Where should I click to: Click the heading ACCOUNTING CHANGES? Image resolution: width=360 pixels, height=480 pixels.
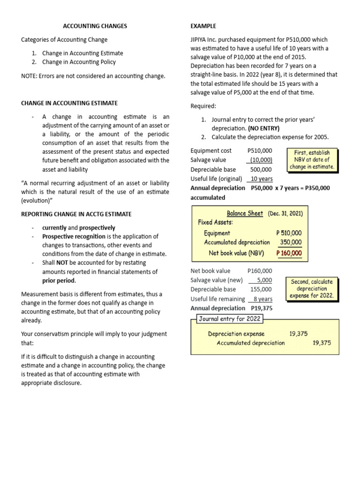[95, 26]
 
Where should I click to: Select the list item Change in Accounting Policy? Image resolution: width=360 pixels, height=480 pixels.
[79, 62]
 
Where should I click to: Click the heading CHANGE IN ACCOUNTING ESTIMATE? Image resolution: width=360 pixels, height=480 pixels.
[69, 103]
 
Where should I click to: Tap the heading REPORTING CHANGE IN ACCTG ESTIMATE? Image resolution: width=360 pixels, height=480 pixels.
[76, 214]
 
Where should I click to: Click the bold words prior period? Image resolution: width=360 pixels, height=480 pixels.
[59, 281]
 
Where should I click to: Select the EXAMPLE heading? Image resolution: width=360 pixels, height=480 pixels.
[203, 26]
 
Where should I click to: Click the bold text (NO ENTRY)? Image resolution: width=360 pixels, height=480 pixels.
[263, 128]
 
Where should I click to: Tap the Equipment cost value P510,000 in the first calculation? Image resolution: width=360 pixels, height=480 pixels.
[259, 150]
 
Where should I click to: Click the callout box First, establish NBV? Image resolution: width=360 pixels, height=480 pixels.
[312, 159]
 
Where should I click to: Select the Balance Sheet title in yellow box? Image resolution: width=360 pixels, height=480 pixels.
[245, 213]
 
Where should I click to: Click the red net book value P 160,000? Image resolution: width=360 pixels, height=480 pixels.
[289, 253]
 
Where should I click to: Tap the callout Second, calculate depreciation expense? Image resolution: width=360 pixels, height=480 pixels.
[312, 289]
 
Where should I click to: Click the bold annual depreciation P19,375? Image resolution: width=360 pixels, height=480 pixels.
[262, 308]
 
